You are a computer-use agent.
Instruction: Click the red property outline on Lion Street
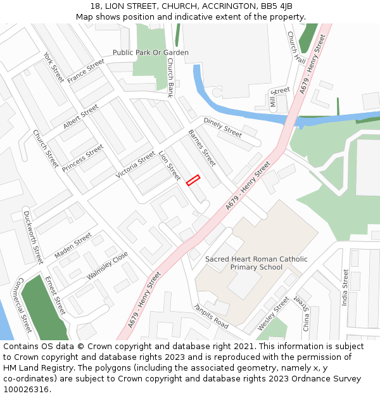tap(193, 180)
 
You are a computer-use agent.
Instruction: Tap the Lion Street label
tap(170, 165)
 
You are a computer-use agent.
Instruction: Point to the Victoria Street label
tap(136, 164)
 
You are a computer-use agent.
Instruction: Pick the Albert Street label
tap(80, 117)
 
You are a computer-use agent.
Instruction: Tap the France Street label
tap(85, 71)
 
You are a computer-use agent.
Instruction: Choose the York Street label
tap(54, 67)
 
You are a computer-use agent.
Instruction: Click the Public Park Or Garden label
tap(151, 53)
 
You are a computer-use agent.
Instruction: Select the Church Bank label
tap(170, 77)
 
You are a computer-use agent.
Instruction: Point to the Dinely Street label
tap(222, 127)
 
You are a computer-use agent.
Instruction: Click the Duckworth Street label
tap(33, 236)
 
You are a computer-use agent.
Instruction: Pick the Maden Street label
tap(73, 245)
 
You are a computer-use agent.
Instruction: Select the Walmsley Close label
tap(107, 266)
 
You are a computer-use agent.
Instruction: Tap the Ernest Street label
tap(54, 295)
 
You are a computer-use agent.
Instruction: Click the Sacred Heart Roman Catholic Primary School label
tap(256, 263)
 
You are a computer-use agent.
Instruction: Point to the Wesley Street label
tap(273, 313)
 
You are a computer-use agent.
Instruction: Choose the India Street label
tap(345, 288)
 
